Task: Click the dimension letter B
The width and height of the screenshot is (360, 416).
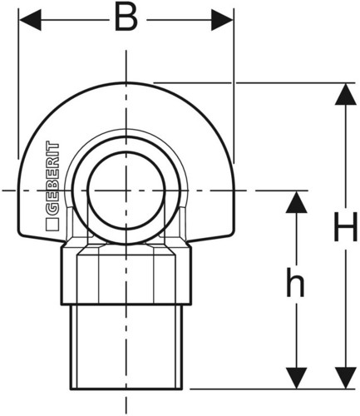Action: coord(126,17)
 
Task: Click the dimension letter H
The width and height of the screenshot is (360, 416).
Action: coord(346,226)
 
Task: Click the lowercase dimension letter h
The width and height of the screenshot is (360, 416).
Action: coord(295,282)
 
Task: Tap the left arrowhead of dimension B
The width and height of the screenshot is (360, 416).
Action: coord(30,20)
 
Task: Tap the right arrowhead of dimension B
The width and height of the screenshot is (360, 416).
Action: coord(222,20)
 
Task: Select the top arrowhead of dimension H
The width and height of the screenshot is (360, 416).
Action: coord(345,94)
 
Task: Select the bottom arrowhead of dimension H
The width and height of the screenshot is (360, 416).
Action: coord(345,378)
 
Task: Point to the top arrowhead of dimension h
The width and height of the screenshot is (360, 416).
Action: coord(296,202)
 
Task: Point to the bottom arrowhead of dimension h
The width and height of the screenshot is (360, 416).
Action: coord(296,378)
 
